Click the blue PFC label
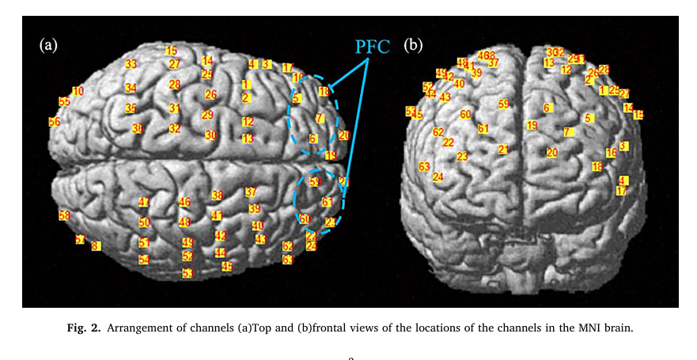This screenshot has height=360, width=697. pos(372,45)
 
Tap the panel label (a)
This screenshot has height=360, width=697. pos(49,45)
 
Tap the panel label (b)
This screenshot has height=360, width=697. pos(413,45)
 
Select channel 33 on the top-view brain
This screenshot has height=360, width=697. pos(131,65)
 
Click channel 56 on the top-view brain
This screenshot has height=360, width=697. pos(54,122)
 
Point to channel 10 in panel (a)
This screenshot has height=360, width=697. pos(78,92)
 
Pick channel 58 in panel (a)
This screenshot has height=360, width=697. pos(64,215)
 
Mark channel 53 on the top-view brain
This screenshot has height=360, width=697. pos(188,274)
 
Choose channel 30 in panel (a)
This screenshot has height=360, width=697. pos(210,135)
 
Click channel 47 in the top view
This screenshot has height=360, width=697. pos(143,203)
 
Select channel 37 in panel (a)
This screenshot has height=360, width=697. pos(251,192)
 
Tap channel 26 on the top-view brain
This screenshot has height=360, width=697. pos(210,95)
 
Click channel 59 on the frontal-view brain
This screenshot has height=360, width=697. pos(504,104)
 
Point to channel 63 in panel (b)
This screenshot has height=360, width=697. pos(424,167)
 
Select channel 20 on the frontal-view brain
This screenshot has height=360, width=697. pos(552,153)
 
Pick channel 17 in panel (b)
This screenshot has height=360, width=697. pos(621,191)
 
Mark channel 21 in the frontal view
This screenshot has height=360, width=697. pos(503,150)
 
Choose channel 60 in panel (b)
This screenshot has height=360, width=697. pos(466,115)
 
